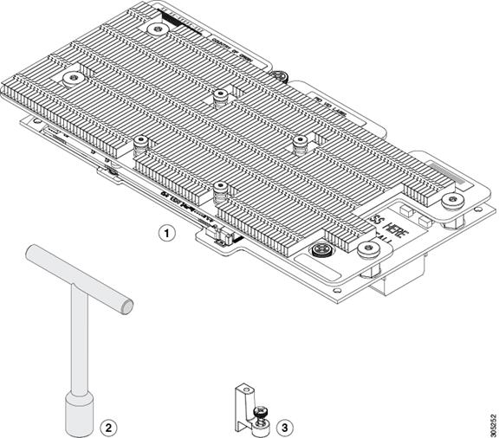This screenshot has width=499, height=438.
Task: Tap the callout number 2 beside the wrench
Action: click(108, 427)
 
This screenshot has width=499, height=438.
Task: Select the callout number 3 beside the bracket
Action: click(287, 427)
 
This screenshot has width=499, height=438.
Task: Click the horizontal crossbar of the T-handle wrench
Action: click(78, 278)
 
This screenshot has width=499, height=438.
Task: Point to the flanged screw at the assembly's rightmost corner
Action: click(451, 202)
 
